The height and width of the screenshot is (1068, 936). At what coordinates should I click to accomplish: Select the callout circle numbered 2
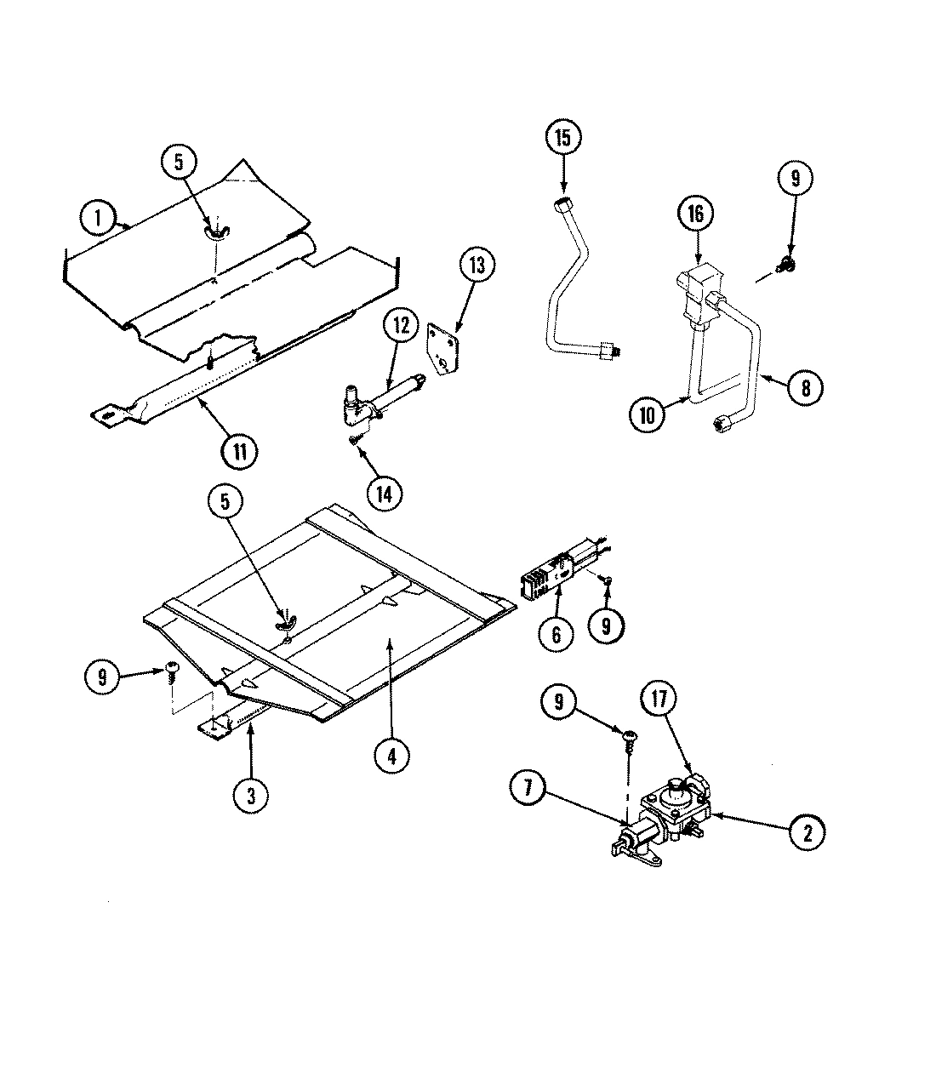[x=806, y=832]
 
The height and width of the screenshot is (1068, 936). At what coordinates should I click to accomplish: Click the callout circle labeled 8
[x=804, y=387]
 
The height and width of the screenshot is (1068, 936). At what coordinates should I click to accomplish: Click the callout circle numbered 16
[x=696, y=214]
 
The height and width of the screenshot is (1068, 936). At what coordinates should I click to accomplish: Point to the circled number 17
[x=661, y=700]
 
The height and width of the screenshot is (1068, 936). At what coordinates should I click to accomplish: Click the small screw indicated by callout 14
[x=353, y=438]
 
